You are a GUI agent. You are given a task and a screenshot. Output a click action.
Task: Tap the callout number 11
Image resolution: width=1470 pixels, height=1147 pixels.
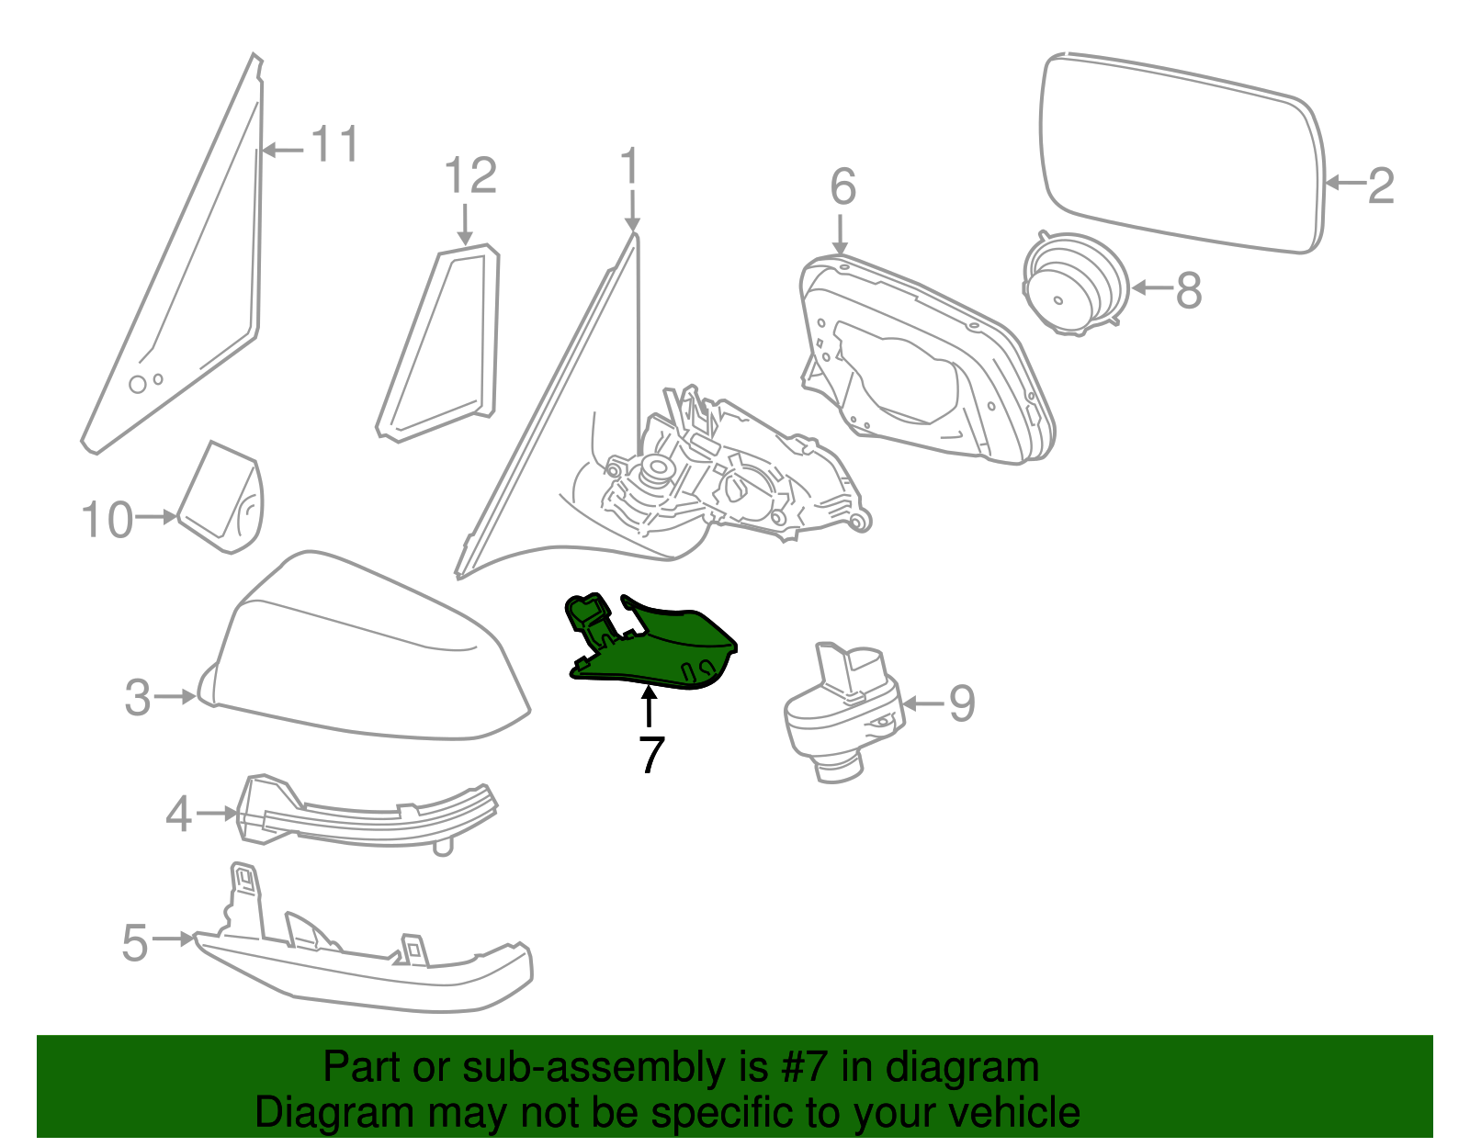point(334,144)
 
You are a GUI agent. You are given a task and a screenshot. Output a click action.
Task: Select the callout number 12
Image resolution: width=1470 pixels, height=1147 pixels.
point(470,175)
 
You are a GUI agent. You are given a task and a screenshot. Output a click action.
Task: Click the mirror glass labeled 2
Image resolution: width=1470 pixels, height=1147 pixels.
point(1182,153)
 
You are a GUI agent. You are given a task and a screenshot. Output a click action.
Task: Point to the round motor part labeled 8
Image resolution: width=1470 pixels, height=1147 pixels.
point(1075,283)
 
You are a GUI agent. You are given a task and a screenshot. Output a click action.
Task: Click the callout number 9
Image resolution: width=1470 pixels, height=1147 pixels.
point(962,703)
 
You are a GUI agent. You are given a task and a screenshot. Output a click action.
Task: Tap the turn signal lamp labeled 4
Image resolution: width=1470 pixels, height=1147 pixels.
point(367,815)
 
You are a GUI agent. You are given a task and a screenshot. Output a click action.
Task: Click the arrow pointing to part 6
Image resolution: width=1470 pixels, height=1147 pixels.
point(840,234)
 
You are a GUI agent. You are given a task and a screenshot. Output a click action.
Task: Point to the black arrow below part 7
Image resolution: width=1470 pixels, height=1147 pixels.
point(650,706)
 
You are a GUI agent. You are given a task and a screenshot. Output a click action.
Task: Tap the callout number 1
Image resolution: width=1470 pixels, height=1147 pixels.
point(630,165)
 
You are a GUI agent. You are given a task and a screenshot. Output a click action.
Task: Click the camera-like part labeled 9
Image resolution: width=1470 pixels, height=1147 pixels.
point(843,712)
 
